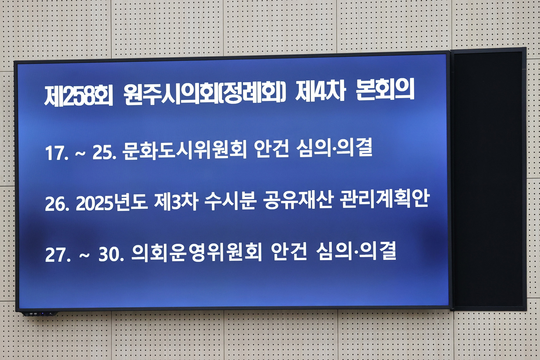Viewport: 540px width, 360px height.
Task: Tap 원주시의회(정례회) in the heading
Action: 204,93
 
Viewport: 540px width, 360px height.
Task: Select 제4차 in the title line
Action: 320,91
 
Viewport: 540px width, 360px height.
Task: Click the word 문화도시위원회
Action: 184,150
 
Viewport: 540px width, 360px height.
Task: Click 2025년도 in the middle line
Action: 112,202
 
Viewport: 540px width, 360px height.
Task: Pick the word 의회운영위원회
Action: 196,253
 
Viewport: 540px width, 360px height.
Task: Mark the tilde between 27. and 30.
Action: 84,255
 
